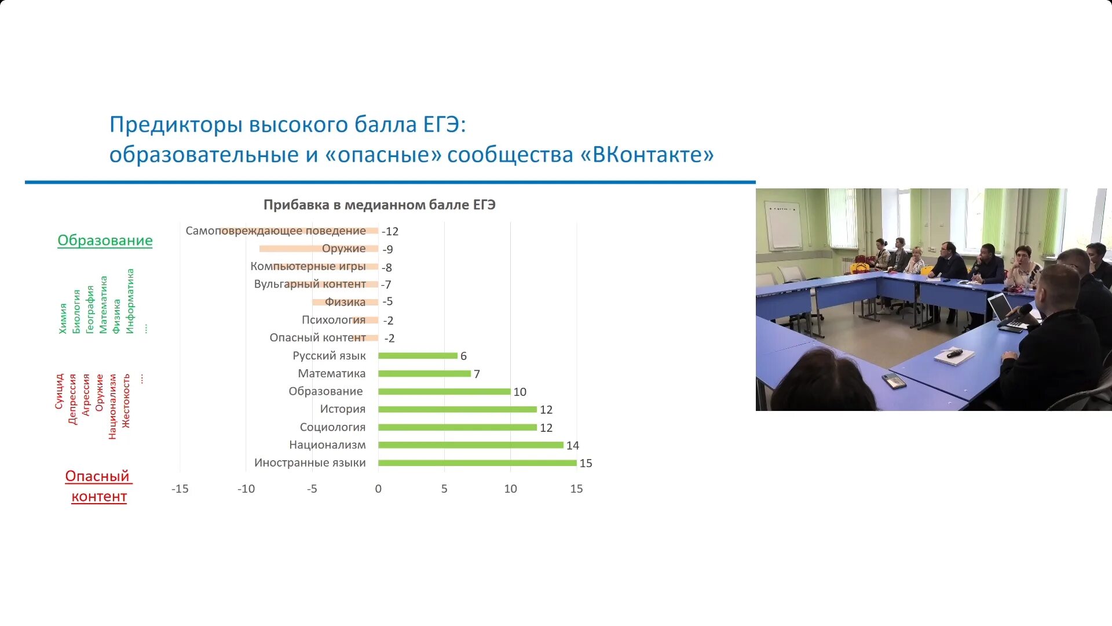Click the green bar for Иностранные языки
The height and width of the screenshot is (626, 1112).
(477, 463)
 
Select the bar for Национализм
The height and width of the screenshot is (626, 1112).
(470, 445)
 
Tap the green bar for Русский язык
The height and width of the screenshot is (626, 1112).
(418, 356)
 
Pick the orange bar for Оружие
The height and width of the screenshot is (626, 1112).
(290, 249)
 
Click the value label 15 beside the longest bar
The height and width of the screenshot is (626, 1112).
(586, 463)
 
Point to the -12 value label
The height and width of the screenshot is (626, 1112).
(390, 231)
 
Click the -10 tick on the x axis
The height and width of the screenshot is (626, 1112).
(246, 489)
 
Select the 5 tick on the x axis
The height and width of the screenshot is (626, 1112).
(444, 489)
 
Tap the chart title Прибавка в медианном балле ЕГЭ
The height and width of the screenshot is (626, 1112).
(379, 205)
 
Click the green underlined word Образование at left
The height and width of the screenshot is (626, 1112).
(105, 240)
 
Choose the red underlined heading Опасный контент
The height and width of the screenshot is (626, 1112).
(98, 486)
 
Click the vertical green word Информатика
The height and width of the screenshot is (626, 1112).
(130, 301)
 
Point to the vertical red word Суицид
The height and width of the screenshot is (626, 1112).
(59, 391)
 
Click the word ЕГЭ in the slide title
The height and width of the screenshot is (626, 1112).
(444, 125)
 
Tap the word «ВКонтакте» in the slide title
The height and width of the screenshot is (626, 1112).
(646, 155)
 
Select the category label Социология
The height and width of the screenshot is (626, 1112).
(332, 427)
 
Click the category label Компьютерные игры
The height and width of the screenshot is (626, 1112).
(308, 266)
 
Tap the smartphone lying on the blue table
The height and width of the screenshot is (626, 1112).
(894, 380)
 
